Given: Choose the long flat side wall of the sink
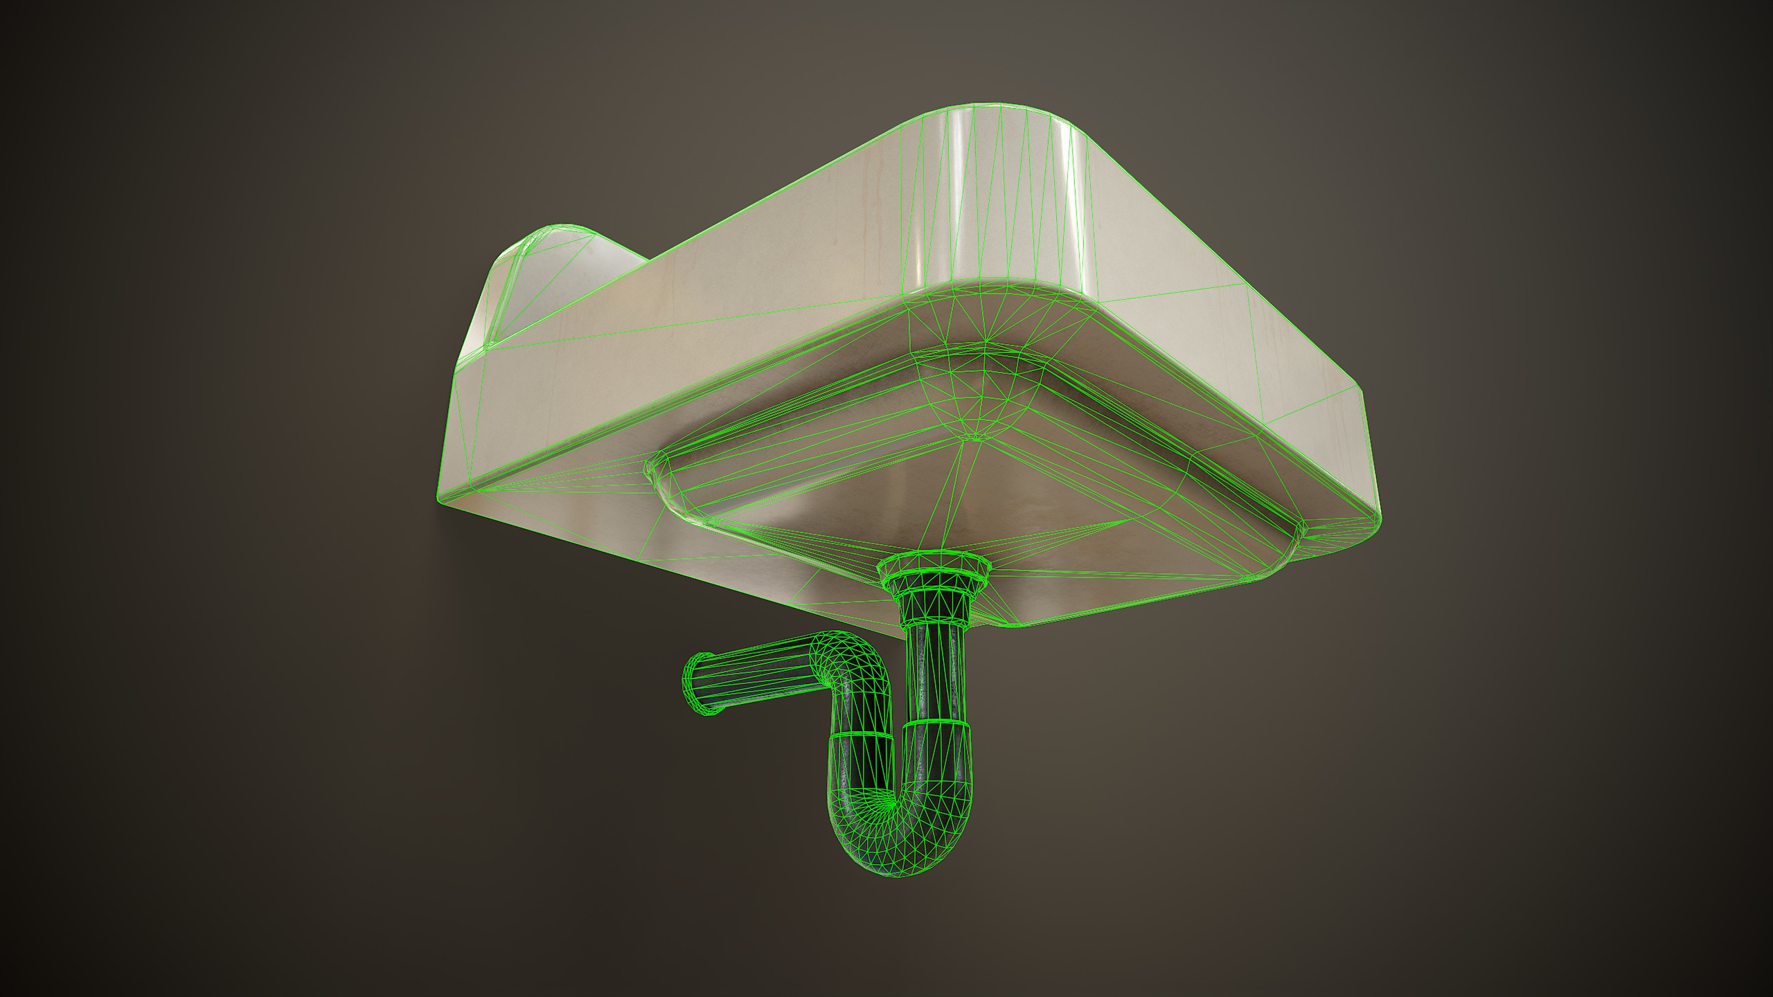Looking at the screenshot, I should pos(693,318).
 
